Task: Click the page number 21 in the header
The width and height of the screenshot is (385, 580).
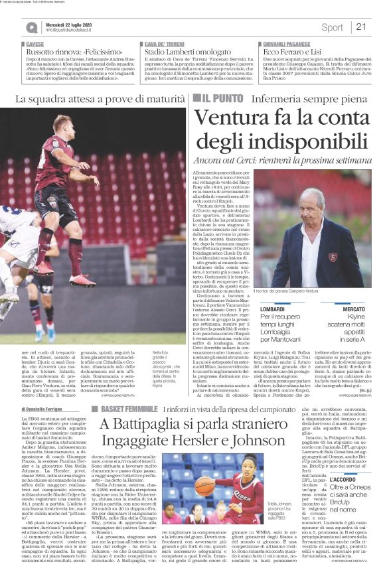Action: pyautogui.click(x=361, y=27)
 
